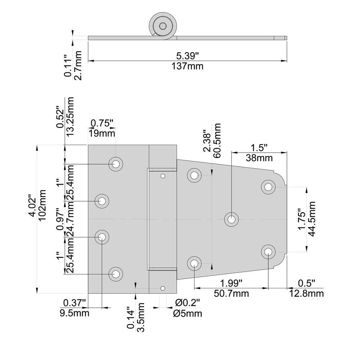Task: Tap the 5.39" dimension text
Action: tap(188, 56)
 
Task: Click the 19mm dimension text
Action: tap(102, 134)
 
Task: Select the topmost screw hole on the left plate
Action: tap(116, 164)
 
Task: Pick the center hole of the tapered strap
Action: tap(231, 219)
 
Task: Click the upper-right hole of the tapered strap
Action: tap(268, 187)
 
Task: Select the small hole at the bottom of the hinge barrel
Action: tap(163, 288)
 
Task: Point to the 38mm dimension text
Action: tap(259, 158)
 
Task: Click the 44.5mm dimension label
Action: tap(312, 218)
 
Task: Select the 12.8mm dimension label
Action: tap(306, 293)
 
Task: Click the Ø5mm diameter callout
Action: tap(188, 313)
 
